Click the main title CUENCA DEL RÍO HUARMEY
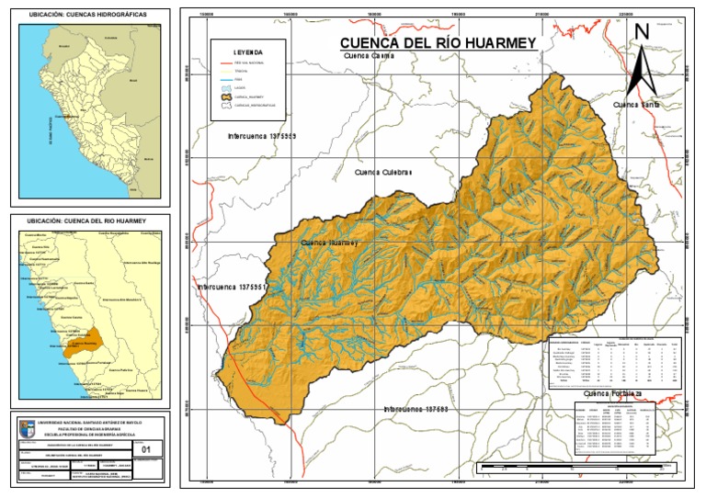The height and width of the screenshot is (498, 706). [438, 43]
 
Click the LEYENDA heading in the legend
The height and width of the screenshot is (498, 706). [248, 52]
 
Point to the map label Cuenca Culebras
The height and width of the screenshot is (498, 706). [383, 172]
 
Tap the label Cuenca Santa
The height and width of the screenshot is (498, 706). [636, 106]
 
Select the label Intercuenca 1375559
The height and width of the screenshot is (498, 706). [262, 135]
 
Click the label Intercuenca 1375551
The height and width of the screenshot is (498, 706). [232, 288]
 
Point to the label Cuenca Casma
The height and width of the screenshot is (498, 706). [369, 56]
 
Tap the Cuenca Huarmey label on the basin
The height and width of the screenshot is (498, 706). [329, 243]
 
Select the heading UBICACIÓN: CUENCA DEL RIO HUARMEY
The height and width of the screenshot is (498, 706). [87, 221]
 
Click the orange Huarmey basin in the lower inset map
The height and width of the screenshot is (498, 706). [97, 337]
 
